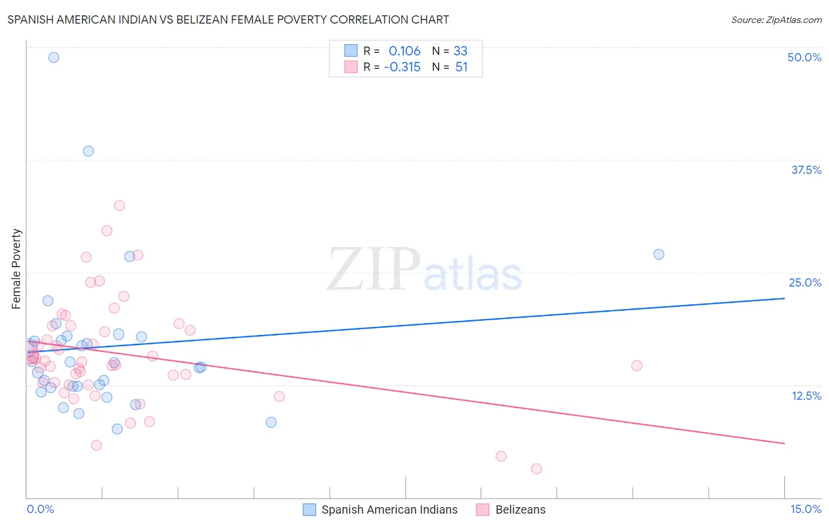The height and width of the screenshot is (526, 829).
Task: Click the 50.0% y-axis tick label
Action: click(804, 57)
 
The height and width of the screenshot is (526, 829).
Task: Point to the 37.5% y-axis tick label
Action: click(806, 170)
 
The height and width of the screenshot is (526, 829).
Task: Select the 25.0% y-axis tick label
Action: click(805, 282)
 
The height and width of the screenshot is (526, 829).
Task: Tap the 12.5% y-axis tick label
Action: click(806, 396)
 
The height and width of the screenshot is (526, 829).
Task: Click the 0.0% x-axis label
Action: click(40, 509)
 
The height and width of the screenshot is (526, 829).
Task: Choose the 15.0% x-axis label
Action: click(805, 509)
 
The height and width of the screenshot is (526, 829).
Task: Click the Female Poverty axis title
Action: click(17, 269)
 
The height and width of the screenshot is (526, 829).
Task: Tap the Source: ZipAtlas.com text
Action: click(776, 19)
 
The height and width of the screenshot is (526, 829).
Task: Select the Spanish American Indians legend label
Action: click(389, 509)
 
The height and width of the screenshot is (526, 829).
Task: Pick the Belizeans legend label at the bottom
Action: click(520, 509)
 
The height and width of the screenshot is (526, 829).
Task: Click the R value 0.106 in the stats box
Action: click(404, 51)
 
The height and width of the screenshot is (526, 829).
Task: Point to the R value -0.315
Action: click(402, 67)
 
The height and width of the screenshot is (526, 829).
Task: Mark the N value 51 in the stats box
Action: click(461, 67)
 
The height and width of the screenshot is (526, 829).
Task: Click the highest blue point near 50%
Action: click(54, 57)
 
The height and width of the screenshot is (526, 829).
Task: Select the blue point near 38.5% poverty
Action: click(88, 151)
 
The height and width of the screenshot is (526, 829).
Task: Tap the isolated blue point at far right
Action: click(659, 254)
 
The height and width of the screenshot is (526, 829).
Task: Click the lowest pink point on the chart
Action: click(537, 469)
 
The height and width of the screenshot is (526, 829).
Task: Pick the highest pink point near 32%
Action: click(119, 206)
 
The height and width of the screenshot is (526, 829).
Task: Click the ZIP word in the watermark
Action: click(374, 270)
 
